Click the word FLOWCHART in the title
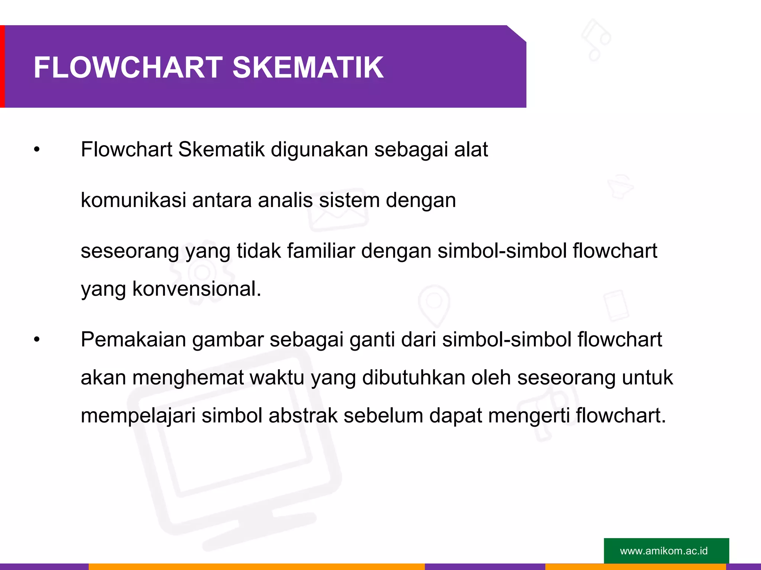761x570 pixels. [128, 68]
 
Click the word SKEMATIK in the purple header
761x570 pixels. [308, 68]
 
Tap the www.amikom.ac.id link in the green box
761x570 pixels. [664, 551]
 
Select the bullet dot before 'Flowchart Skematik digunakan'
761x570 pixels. [36, 150]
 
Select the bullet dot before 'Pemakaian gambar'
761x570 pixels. [36, 340]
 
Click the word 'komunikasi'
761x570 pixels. [133, 200]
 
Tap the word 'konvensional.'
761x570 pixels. [197, 289]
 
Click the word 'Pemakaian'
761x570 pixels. [133, 340]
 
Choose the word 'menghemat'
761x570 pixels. [188, 378]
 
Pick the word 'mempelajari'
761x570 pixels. [138, 416]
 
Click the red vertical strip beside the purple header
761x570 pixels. [2, 66]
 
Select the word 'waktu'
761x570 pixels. [277, 378]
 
